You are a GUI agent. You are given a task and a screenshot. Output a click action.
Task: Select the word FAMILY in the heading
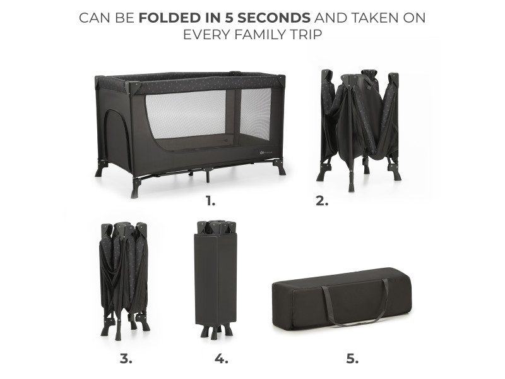256,34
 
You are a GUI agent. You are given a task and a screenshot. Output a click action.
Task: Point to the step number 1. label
211,202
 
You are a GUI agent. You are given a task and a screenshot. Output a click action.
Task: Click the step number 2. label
322,202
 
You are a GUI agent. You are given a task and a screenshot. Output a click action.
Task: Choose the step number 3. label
126,358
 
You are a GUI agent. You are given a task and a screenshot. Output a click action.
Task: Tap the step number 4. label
222,358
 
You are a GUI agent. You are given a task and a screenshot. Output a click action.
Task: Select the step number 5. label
353,358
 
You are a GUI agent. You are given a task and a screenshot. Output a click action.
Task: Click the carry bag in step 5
342,298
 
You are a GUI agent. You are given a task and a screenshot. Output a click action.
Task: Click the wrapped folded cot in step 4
216,279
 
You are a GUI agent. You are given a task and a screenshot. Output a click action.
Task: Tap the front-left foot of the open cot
136,188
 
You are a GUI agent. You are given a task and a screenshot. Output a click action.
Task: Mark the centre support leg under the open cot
208,176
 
